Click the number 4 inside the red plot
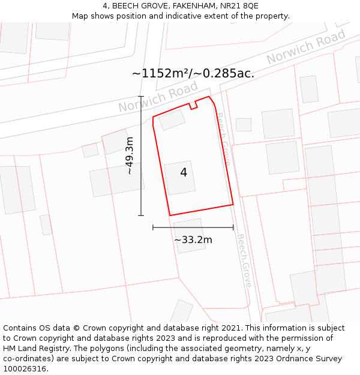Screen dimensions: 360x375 coord(184,173)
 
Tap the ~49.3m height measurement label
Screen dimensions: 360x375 coord(130,155)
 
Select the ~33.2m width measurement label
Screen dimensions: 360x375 coord(193,240)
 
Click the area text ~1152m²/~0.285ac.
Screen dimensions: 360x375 coord(193,74)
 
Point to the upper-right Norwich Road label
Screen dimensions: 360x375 coord(306,47)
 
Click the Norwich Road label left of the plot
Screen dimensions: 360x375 coord(158,97)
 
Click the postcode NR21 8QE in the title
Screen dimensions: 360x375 coord(239,6)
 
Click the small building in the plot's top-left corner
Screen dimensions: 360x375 coord(172,119)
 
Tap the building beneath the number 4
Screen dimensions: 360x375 coord(180,178)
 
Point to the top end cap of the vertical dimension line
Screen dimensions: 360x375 coord(141,96)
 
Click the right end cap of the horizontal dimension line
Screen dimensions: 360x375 coord(233,227)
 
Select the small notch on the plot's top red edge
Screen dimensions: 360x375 coord(193,106)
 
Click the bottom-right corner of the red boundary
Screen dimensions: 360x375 coord(233,205)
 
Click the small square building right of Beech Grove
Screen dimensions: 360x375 coord(244,125)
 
